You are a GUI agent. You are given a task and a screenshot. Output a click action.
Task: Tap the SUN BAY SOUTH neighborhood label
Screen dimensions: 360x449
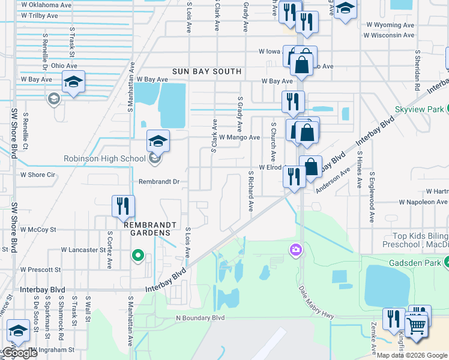206,71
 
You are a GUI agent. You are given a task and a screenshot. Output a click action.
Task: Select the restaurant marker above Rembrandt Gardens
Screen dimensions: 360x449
123,206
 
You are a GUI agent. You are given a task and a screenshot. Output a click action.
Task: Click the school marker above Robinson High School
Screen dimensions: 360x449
158,141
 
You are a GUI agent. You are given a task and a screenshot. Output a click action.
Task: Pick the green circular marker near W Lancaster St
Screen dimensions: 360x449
139,256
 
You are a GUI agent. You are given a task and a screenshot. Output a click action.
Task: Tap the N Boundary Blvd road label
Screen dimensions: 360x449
200,317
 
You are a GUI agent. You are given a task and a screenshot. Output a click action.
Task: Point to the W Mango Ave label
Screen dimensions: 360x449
239,137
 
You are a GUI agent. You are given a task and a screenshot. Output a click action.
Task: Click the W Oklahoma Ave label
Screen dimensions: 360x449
46,4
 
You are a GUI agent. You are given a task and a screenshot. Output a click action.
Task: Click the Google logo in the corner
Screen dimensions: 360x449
19,353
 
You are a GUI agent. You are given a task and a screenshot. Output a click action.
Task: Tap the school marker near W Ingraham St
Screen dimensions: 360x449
19,331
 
